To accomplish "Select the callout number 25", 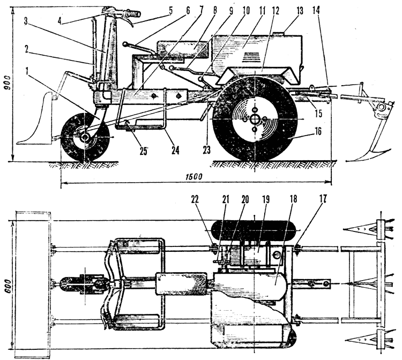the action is point(144,152).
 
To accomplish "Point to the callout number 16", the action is point(318,131).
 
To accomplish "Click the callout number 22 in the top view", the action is point(195,200).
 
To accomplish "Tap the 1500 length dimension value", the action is point(195,177).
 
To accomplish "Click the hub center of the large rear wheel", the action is point(255,119).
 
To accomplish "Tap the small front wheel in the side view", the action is point(85,138).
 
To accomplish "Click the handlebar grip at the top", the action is point(133,13).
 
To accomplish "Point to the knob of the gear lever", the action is point(125,44).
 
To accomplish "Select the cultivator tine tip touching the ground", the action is point(348,161).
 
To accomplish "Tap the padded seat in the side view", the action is point(184,50).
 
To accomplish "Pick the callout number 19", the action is point(266,200).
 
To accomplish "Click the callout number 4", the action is point(59,21).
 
